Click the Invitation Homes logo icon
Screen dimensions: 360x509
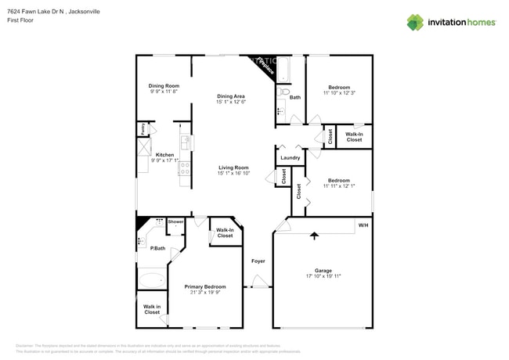coord(415,22)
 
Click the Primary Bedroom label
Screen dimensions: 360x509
coord(205,287)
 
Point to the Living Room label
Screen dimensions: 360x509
coord(233,167)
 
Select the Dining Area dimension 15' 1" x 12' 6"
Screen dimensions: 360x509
coord(231,102)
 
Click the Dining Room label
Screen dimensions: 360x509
coord(164,85)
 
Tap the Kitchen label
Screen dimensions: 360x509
coord(164,155)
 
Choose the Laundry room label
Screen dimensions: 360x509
coord(290,158)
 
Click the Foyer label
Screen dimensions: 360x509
coord(258,261)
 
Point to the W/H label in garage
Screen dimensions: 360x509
coord(363,225)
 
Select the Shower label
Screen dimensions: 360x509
coord(175,221)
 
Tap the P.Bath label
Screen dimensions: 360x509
coord(157,248)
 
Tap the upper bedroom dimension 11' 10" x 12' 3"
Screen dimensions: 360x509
coord(339,93)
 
